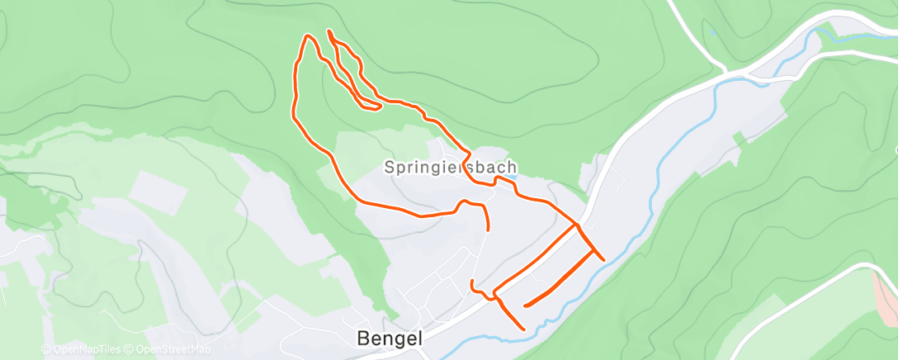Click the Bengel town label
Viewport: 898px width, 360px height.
click(x=390, y=338)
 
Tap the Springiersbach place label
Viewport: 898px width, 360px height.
click(x=451, y=167)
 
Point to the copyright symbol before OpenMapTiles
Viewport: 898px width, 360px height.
click(x=46, y=350)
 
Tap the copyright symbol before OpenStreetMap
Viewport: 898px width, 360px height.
click(x=129, y=350)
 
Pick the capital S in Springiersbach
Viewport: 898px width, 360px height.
click(x=390, y=167)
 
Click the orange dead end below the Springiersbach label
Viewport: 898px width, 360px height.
click(x=488, y=229)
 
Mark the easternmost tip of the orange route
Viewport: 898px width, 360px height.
click(x=604, y=259)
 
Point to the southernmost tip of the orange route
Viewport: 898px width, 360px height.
click(x=524, y=329)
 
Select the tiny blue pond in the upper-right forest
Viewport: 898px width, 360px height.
click(x=712, y=33)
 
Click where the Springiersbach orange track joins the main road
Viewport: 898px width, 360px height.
click(x=576, y=224)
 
